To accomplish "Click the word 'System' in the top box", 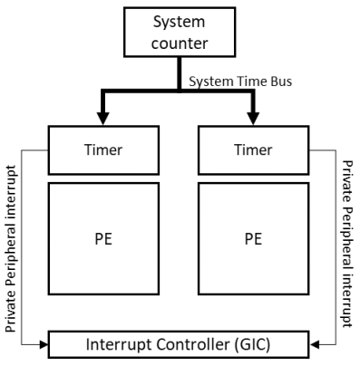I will click(179, 20).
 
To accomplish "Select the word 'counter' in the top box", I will click(179, 41).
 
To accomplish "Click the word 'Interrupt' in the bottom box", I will click(123, 345).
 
